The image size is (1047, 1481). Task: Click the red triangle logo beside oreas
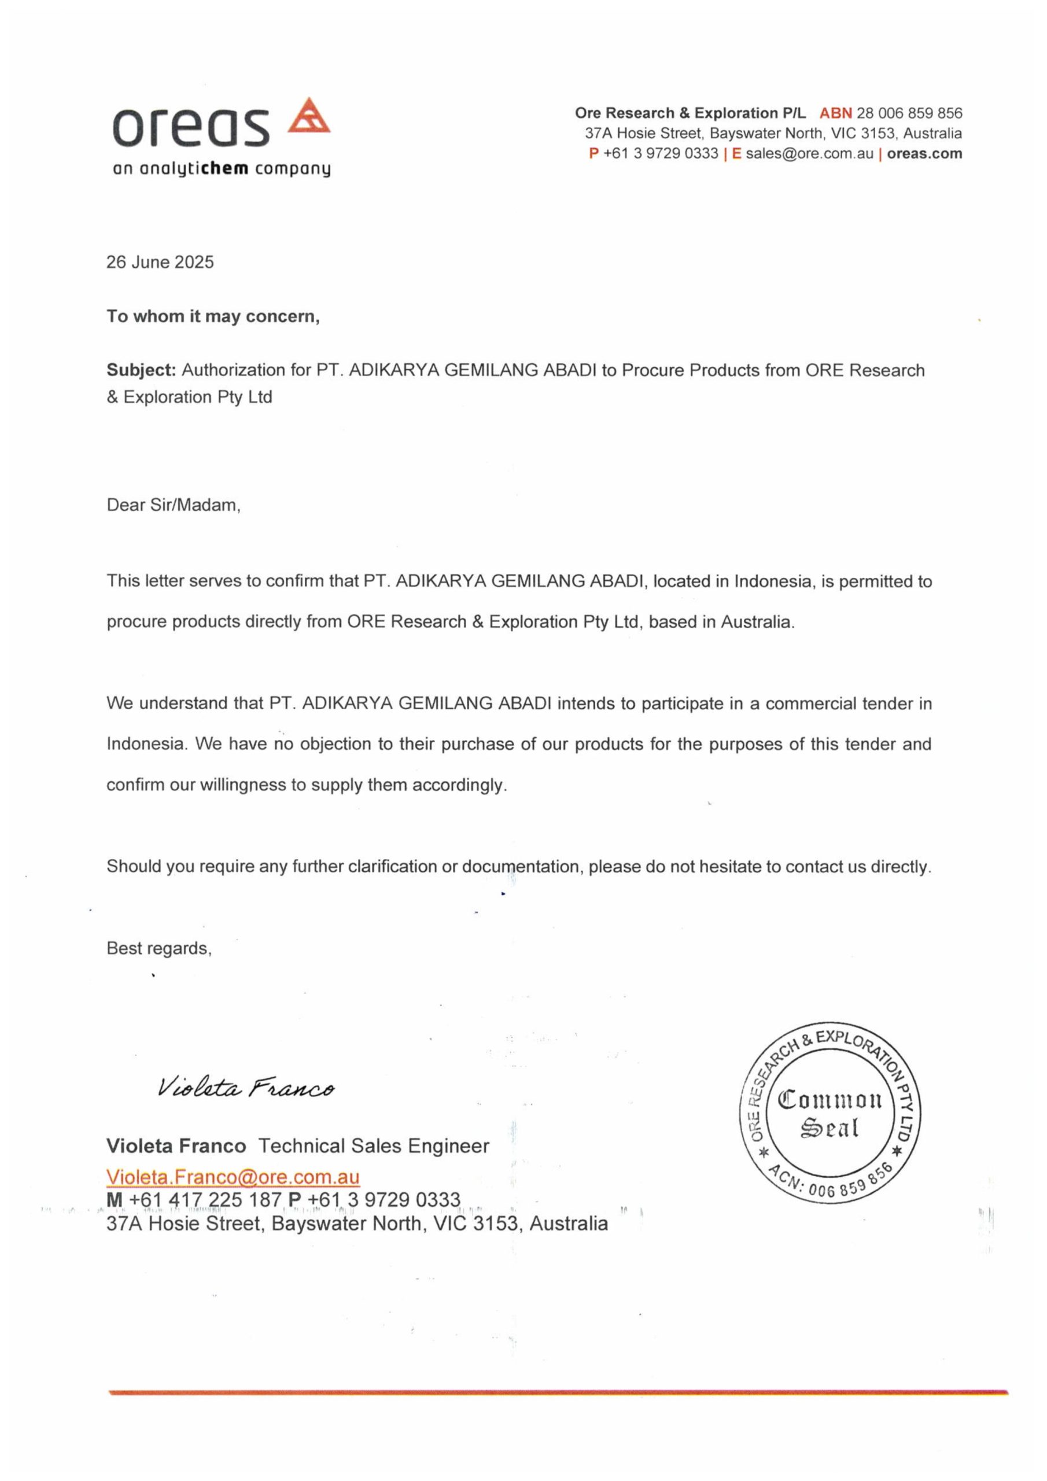click(x=308, y=117)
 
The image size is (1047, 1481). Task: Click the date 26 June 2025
click(x=160, y=262)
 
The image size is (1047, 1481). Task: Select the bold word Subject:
click(x=141, y=370)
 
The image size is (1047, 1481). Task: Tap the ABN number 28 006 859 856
click(x=909, y=113)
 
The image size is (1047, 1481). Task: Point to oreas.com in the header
click(x=924, y=153)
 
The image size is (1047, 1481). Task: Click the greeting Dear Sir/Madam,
click(x=174, y=505)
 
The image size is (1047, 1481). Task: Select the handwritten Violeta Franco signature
click(x=246, y=1088)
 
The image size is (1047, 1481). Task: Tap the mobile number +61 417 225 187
click(x=205, y=1200)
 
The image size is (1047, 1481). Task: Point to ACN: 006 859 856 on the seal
click(x=831, y=1182)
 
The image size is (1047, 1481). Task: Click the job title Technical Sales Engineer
click(x=374, y=1145)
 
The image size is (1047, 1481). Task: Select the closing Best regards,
click(x=158, y=948)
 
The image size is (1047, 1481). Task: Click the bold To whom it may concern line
click(x=213, y=316)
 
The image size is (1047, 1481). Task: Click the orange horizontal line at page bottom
click(x=558, y=1393)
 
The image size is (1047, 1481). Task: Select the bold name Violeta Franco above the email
click(x=176, y=1145)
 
